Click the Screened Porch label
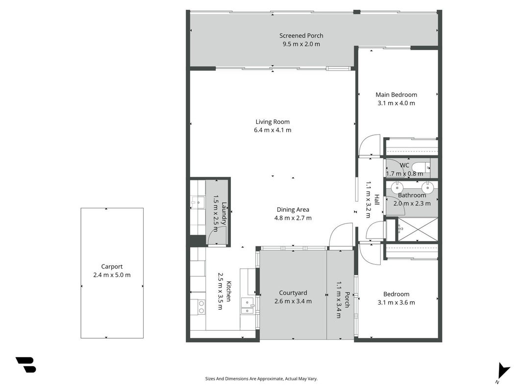(301, 36)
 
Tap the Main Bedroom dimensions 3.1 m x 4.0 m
(396, 103)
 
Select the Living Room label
(273, 122)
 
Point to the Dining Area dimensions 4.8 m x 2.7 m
(293, 218)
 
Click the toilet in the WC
(421, 166)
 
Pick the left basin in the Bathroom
(397, 186)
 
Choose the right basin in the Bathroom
(427, 186)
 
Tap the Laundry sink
(198, 202)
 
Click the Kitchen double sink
(248, 306)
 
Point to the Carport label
(112, 267)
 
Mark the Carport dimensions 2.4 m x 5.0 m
(112, 275)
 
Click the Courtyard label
(293, 293)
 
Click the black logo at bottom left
(25, 365)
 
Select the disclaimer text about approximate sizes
(261, 379)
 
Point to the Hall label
(376, 199)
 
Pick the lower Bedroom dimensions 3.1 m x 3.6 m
(396, 303)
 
